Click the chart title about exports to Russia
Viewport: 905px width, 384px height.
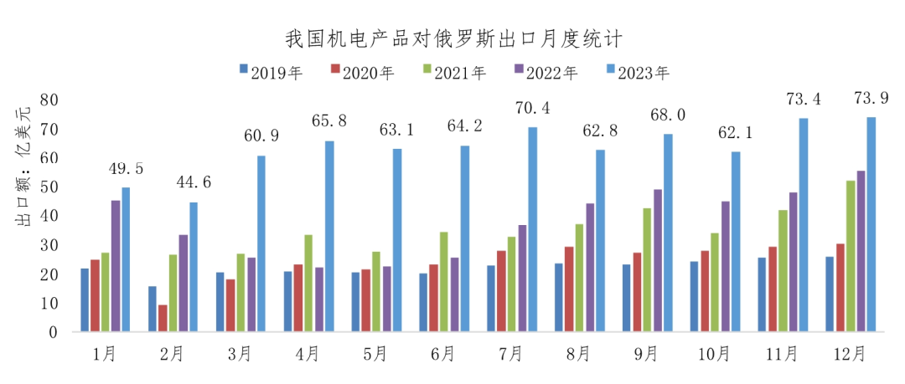pyautogui.click(x=453, y=38)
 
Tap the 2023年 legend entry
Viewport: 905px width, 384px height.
pyautogui.click(x=637, y=72)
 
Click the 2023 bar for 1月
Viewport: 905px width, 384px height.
pyautogui.click(x=126, y=259)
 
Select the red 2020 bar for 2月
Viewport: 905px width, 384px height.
pyautogui.click(x=163, y=318)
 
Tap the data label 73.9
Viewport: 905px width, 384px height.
pyautogui.click(x=871, y=99)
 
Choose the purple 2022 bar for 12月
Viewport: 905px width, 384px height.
pyautogui.click(x=861, y=251)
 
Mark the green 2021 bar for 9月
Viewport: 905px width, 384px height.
pyautogui.click(x=647, y=269)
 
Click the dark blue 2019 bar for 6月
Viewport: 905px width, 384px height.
pyautogui.click(x=423, y=302)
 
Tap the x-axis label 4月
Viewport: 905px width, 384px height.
pyautogui.click(x=308, y=355)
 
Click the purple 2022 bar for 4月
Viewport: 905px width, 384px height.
pyautogui.click(x=318, y=299)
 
